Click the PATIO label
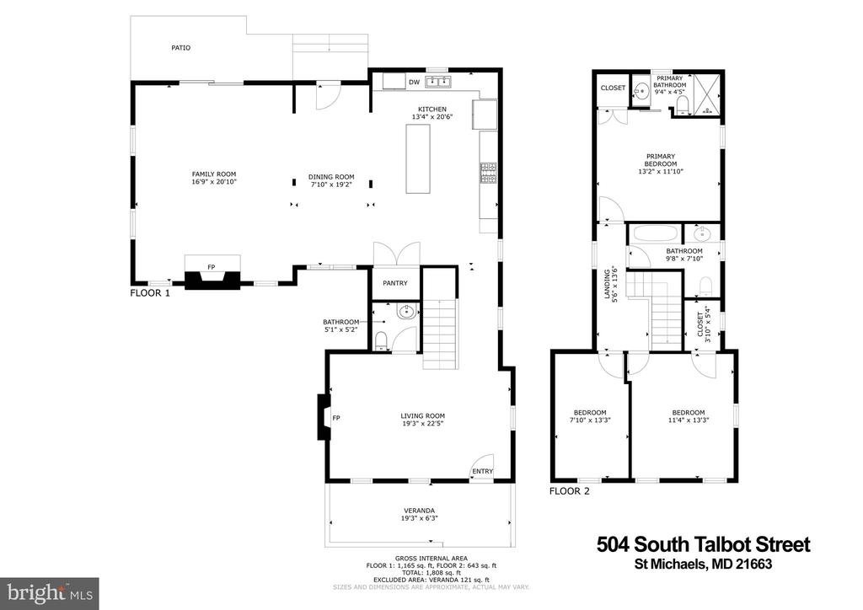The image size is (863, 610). coord(180,48)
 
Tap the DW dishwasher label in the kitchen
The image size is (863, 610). coord(414,83)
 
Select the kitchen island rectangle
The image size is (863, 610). coord(418,159)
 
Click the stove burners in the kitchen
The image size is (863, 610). coord(488,173)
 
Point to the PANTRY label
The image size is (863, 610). coord(395,283)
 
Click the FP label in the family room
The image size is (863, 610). coord(211,267)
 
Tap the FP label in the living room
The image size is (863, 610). coord(336,418)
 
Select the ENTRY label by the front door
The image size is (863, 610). coord(483,471)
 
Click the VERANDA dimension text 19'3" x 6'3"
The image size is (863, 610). coord(420,518)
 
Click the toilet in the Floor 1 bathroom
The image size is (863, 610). coord(380,340)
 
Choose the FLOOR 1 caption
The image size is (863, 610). coord(150,293)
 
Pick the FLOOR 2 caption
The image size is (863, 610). coord(569,491)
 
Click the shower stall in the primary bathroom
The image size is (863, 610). coord(706,94)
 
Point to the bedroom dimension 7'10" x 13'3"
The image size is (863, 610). coord(590,420)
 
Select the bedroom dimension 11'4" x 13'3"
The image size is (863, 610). coord(688,420)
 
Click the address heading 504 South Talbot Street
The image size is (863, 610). coord(704,544)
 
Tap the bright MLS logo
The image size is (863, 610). coord(50,593)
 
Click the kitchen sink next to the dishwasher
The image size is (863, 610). coord(438,83)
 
